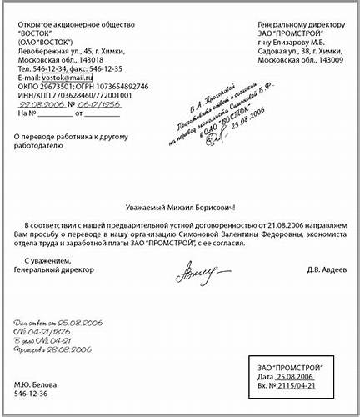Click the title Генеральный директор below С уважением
click(55, 269)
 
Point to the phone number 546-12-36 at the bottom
click(32, 394)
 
